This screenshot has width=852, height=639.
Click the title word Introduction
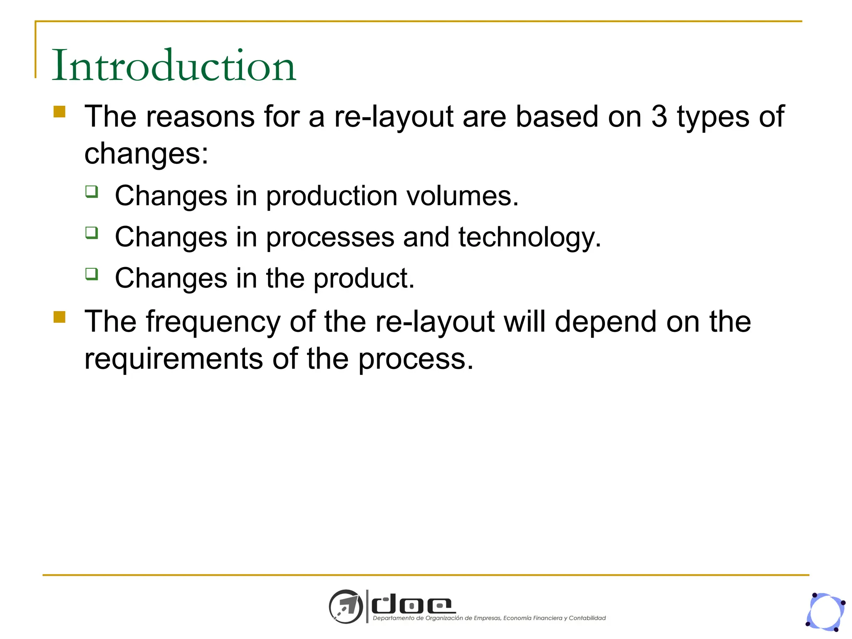pos(173,66)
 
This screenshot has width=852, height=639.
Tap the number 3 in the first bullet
pos(659,116)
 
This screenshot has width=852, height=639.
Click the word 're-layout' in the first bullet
pos(394,116)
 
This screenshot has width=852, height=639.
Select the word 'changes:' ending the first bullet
pos(146,154)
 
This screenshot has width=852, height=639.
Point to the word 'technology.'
pos(530,237)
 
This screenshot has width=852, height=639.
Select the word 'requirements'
pos(173,359)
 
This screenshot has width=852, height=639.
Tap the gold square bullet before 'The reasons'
pos(59,112)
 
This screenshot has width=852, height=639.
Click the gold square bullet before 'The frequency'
pos(59,317)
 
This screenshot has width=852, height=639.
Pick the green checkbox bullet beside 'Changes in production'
pos(92,191)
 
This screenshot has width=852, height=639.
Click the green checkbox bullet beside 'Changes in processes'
pos(92,233)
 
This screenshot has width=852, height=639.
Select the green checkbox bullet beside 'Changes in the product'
pos(92,274)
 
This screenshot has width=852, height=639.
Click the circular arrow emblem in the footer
pos(346,606)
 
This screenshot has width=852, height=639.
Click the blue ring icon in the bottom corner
pos(825,612)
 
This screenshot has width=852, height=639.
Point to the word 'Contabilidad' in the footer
pos(587,618)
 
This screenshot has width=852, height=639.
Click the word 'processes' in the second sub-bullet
pos(330,237)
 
